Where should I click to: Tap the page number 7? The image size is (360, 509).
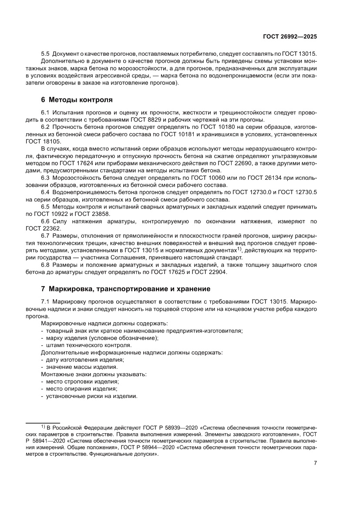(315, 463)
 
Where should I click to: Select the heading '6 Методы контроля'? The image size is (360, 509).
(77, 99)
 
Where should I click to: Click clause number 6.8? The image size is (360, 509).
(45, 265)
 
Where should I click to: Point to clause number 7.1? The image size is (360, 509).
(45, 301)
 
